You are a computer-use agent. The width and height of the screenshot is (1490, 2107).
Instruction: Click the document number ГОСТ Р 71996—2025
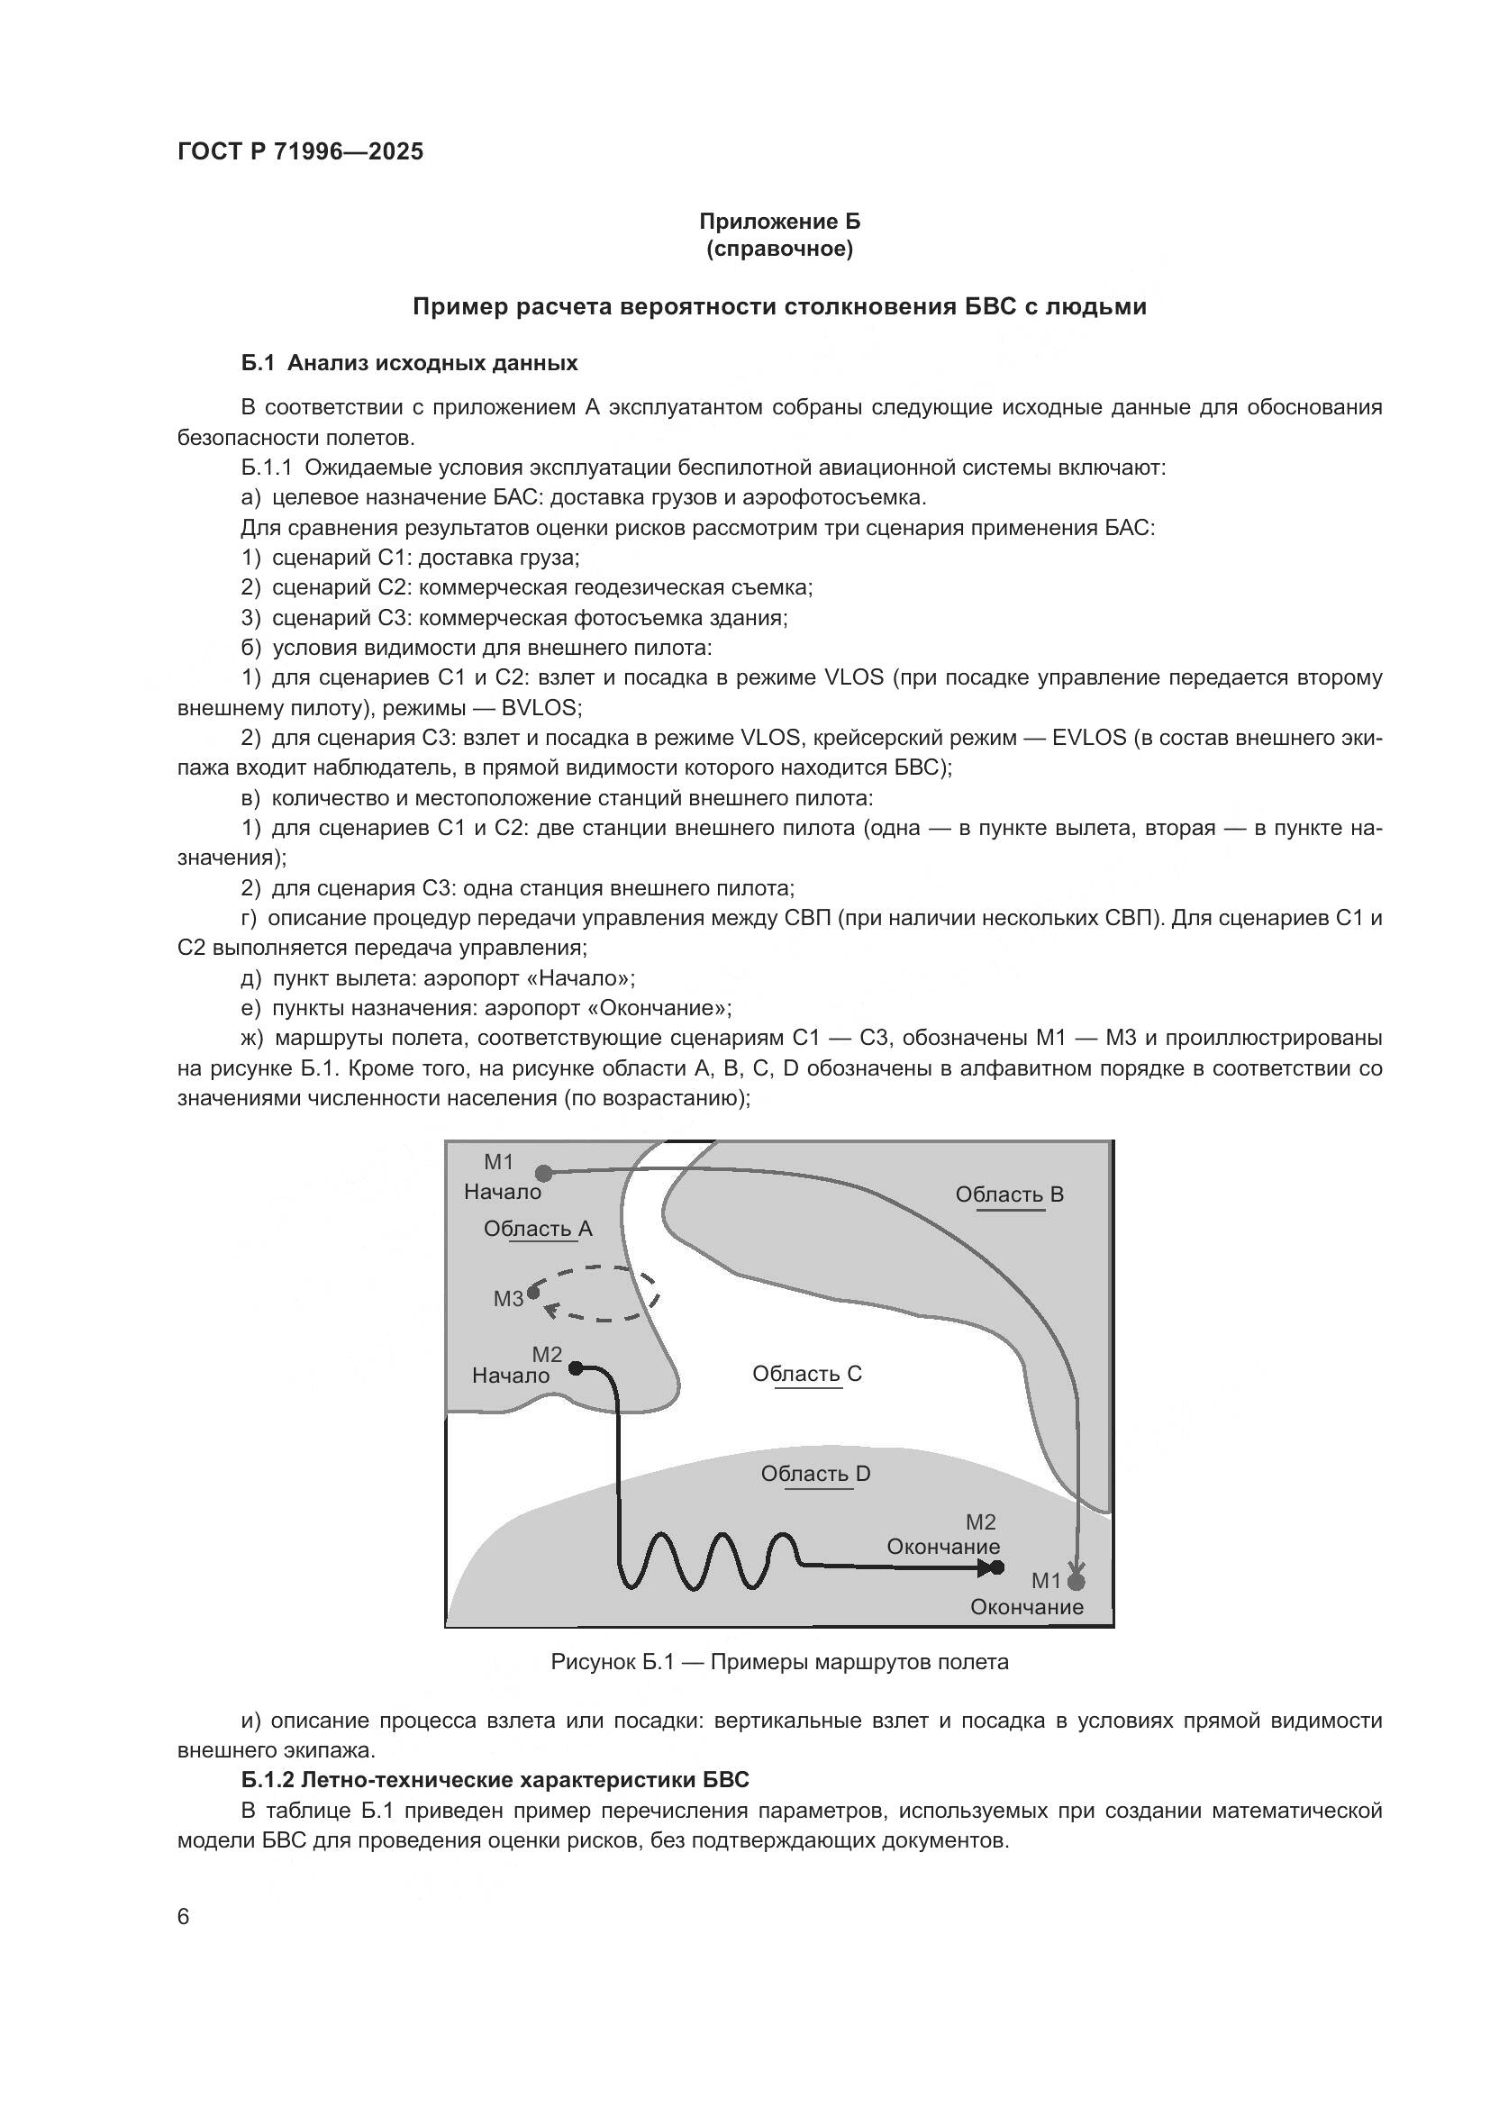click(300, 152)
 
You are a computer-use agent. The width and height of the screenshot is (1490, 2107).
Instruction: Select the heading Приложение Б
click(779, 222)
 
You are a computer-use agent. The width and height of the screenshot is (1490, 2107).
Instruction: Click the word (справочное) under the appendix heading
click(779, 249)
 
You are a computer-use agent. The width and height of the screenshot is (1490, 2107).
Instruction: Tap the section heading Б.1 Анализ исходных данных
click(409, 363)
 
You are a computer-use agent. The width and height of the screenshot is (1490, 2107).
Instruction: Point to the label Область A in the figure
click(538, 1229)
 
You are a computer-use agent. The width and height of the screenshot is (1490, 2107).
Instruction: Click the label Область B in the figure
click(1009, 1194)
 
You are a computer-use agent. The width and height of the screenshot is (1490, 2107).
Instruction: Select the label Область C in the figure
click(806, 1374)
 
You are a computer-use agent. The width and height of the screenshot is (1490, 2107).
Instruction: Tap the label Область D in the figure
click(814, 1474)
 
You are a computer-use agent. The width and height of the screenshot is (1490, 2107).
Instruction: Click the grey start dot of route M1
click(543, 1173)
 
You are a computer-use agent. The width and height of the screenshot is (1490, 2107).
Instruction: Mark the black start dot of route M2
click(576, 1368)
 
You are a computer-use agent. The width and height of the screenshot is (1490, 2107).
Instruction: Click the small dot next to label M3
click(533, 1291)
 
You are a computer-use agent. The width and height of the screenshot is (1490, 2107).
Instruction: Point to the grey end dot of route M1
click(1077, 1582)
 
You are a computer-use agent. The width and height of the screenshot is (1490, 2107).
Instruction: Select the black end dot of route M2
click(997, 1568)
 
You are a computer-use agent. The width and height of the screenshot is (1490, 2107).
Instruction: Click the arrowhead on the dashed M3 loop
click(550, 1310)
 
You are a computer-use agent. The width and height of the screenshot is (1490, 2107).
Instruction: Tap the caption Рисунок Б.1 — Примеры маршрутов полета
click(779, 1662)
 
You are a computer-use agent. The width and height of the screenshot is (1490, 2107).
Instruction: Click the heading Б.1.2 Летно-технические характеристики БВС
click(495, 1780)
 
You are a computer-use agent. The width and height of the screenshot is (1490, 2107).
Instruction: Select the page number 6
click(183, 1918)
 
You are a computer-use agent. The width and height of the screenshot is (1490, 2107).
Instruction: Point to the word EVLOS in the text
click(1089, 738)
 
